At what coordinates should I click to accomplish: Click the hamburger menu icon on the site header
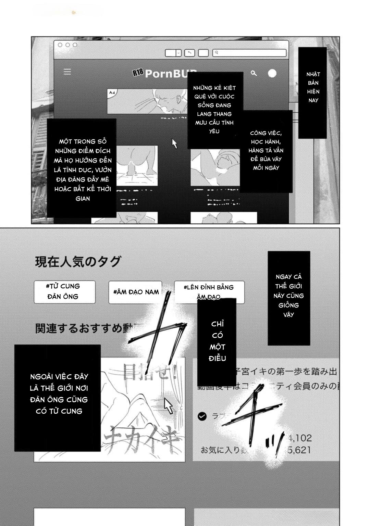click(67, 72)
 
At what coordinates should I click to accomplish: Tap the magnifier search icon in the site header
click(254, 73)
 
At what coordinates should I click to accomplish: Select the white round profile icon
click(272, 73)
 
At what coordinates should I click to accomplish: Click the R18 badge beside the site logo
click(138, 72)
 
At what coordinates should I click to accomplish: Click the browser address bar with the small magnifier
click(249, 53)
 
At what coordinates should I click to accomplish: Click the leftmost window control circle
click(60, 45)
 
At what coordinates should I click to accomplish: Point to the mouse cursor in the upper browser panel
click(175, 143)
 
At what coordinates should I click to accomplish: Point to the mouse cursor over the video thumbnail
click(168, 406)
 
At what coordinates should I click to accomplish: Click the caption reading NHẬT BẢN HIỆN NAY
click(313, 87)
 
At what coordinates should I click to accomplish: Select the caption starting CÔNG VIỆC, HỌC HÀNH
click(266, 150)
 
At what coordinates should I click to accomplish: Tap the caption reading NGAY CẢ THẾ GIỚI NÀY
click(288, 296)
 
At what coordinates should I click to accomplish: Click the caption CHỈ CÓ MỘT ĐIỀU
click(217, 341)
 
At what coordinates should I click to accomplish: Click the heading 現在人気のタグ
click(78, 262)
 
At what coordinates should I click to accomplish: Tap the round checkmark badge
click(202, 416)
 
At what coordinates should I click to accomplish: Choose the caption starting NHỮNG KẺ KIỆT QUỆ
click(214, 110)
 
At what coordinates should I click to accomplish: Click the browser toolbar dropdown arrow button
click(178, 53)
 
